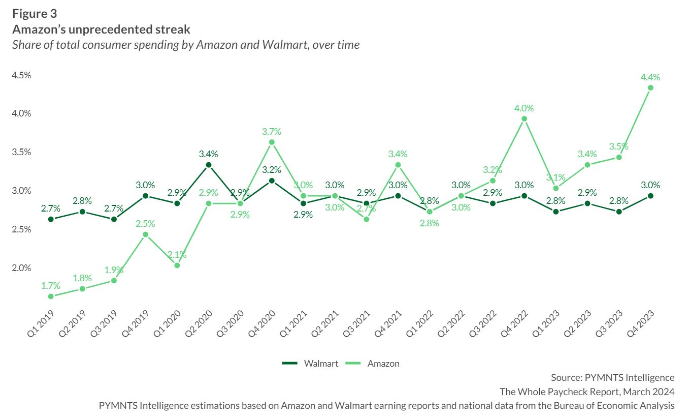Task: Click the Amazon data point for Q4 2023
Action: click(650, 88)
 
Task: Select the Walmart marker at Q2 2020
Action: click(208, 165)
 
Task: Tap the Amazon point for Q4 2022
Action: click(524, 119)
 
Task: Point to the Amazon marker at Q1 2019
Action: click(51, 296)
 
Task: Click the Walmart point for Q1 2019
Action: click(51, 219)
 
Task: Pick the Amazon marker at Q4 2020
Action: click(272, 142)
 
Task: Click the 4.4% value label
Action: click(650, 77)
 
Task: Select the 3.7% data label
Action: click(272, 131)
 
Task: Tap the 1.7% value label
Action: click(51, 286)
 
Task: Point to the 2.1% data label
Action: click(177, 254)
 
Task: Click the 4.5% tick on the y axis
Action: click(21, 75)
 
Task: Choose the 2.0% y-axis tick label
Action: click(21, 268)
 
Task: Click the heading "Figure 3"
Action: click(35, 14)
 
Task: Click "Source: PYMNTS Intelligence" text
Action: click(612, 377)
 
